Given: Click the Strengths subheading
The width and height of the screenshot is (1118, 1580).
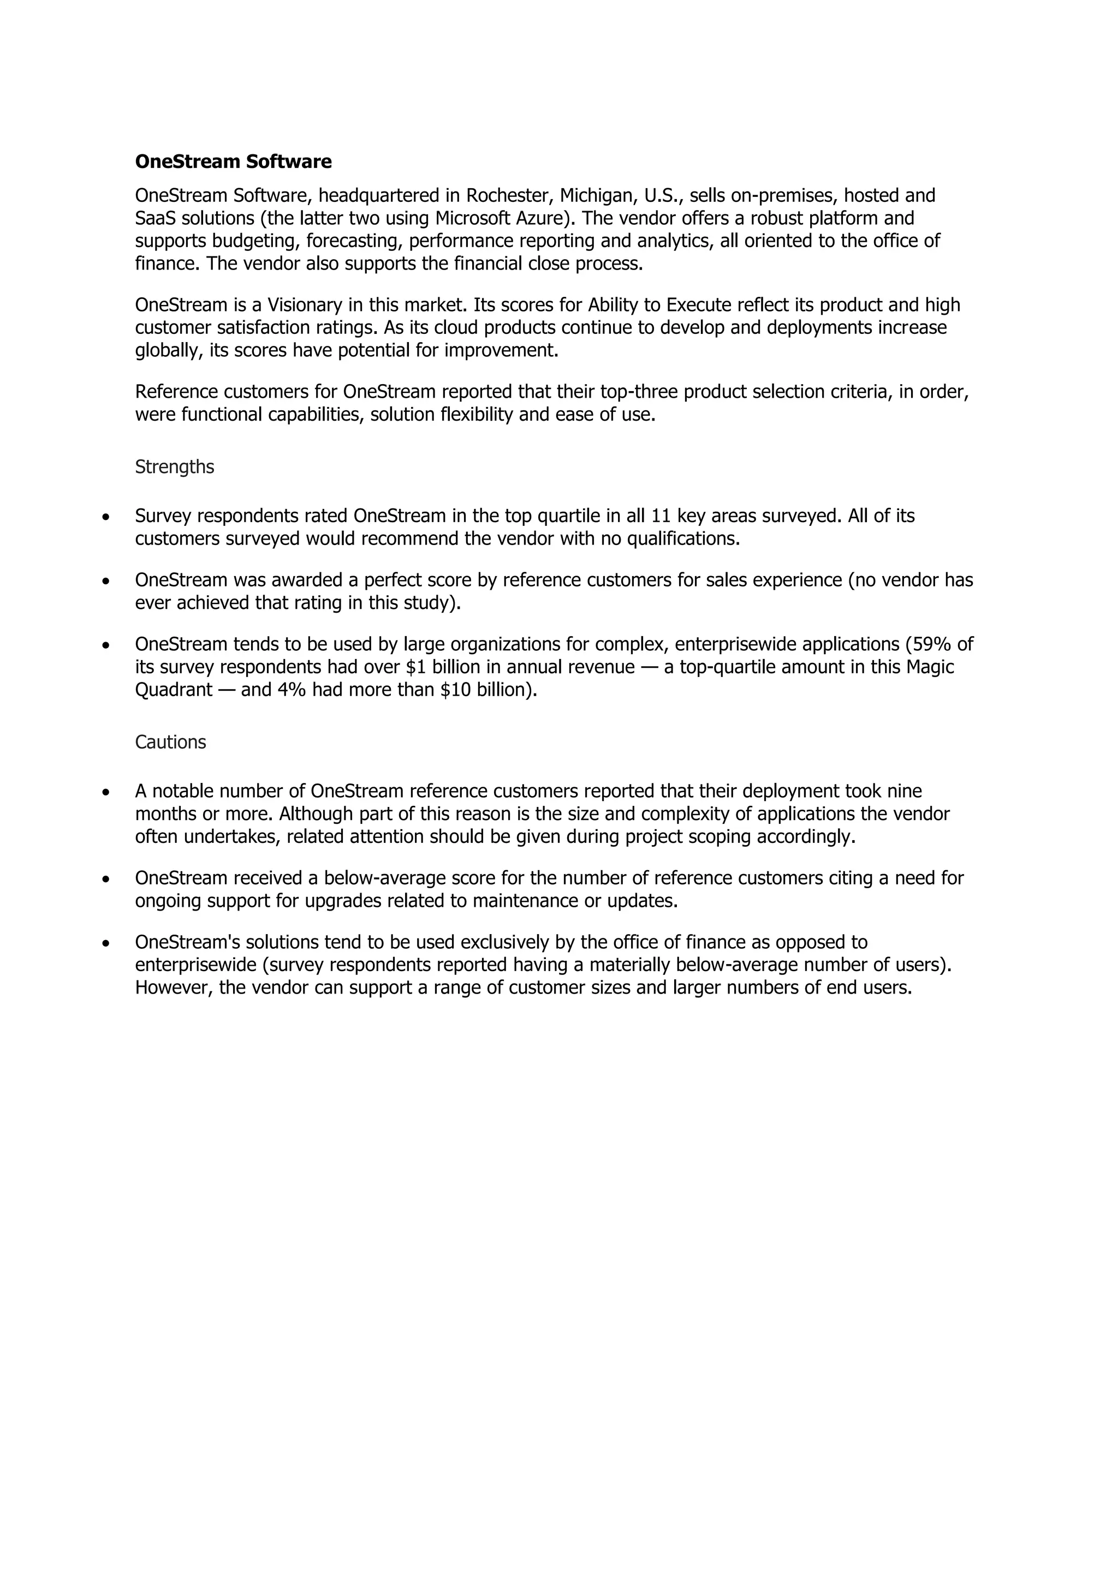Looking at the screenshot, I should pyautogui.click(x=174, y=466).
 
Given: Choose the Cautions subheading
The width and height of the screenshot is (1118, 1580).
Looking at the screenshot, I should pyautogui.click(x=170, y=742).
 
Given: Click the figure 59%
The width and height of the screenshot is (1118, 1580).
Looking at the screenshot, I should pyautogui.click(x=932, y=644).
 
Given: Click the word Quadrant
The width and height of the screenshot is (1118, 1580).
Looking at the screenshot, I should pyautogui.click(x=174, y=690).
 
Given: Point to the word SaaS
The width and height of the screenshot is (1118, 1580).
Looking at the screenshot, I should pyautogui.click(x=156, y=218).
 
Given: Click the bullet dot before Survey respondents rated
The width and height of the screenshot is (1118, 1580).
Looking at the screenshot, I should pyautogui.click(x=105, y=517).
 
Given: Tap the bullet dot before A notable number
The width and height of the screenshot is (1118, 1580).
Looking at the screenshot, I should pyautogui.click(x=105, y=792).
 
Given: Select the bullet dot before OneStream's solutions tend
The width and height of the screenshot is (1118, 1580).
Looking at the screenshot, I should pyautogui.click(x=105, y=943).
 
